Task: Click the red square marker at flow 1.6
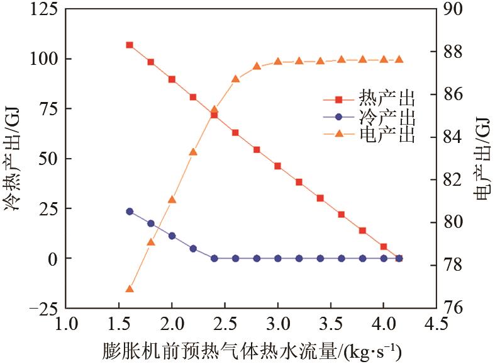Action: [130, 45]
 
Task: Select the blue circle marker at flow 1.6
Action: [130, 212]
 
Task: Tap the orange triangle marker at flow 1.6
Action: [130, 289]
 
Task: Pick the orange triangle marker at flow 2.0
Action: [172, 200]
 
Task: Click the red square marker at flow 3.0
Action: [278, 166]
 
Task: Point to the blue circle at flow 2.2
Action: [193, 248]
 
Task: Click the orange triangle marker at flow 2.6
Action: [235, 79]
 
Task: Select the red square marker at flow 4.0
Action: [384, 246]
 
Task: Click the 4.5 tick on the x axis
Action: [436, 325]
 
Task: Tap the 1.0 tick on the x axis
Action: [66, 325]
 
